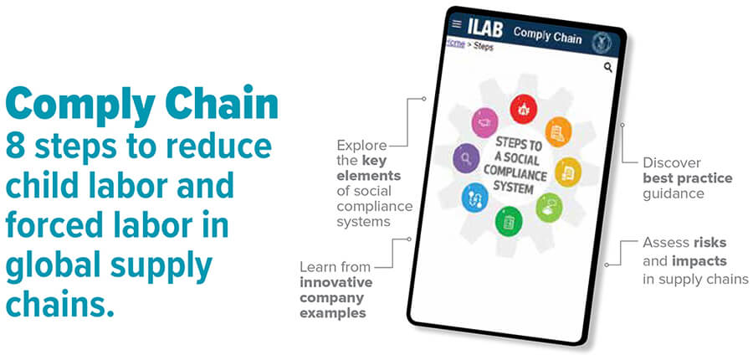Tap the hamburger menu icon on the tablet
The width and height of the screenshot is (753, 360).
pos(457,23)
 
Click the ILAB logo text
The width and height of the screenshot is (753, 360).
pos(485,28)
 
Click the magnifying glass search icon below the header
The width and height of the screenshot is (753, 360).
pos(608,67)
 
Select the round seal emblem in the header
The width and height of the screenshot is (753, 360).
pos(601,43)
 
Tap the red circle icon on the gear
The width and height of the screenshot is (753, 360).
pos(523,109)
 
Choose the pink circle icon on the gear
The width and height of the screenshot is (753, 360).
pos(485,122)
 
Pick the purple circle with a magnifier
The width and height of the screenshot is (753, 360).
pos(466,157)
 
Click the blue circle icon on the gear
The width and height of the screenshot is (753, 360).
pos(475,197)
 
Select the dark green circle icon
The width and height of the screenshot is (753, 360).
pos(509,221)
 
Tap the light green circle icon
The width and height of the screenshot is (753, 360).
pos(549,208)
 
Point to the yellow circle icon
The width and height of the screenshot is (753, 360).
pos(568,172)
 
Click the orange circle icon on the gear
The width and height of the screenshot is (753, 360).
pos(559,132)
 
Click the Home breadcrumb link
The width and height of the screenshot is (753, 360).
pos(455,44)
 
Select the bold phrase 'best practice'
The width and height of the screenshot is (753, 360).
pos(688,178)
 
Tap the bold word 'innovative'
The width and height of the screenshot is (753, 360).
pos(336,282)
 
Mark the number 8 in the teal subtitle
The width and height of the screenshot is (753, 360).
pos(17,148)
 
